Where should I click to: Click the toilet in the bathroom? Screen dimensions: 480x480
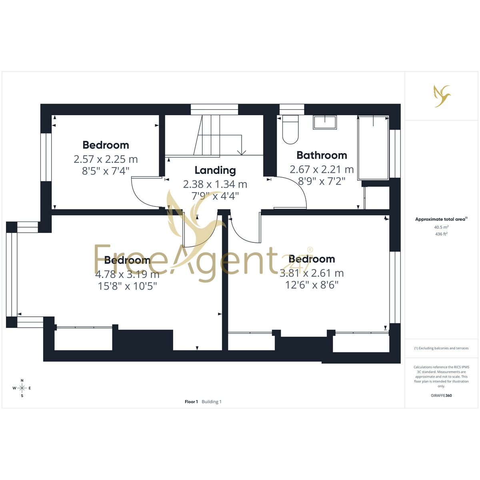(290, 130)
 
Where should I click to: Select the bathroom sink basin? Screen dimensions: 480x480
(325, 122)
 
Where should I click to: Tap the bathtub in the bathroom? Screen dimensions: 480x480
(373, 148)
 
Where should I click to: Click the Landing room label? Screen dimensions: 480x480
(215, 170)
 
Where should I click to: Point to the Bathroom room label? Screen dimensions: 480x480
(322, 155)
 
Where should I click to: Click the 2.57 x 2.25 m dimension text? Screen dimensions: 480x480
(106, 159)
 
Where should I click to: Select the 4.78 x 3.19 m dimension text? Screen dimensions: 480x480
(127, 274)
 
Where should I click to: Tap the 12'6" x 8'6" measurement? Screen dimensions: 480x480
(312, 285)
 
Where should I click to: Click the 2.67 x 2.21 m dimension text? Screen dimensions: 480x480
(322, 169)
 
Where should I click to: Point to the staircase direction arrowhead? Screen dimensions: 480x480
(242, 152)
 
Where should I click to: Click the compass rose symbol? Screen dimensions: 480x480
(22, 388)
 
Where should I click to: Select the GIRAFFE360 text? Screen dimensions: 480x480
(441, 395)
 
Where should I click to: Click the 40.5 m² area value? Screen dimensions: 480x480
(441, 227)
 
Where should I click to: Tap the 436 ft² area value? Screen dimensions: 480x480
(441, 234)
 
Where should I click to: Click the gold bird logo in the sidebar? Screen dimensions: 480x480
(442, 96)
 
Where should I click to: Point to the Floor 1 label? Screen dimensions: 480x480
(191, 402)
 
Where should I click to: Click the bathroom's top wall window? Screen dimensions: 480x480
(292, 109)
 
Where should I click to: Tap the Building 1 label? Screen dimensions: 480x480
(212, 402)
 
